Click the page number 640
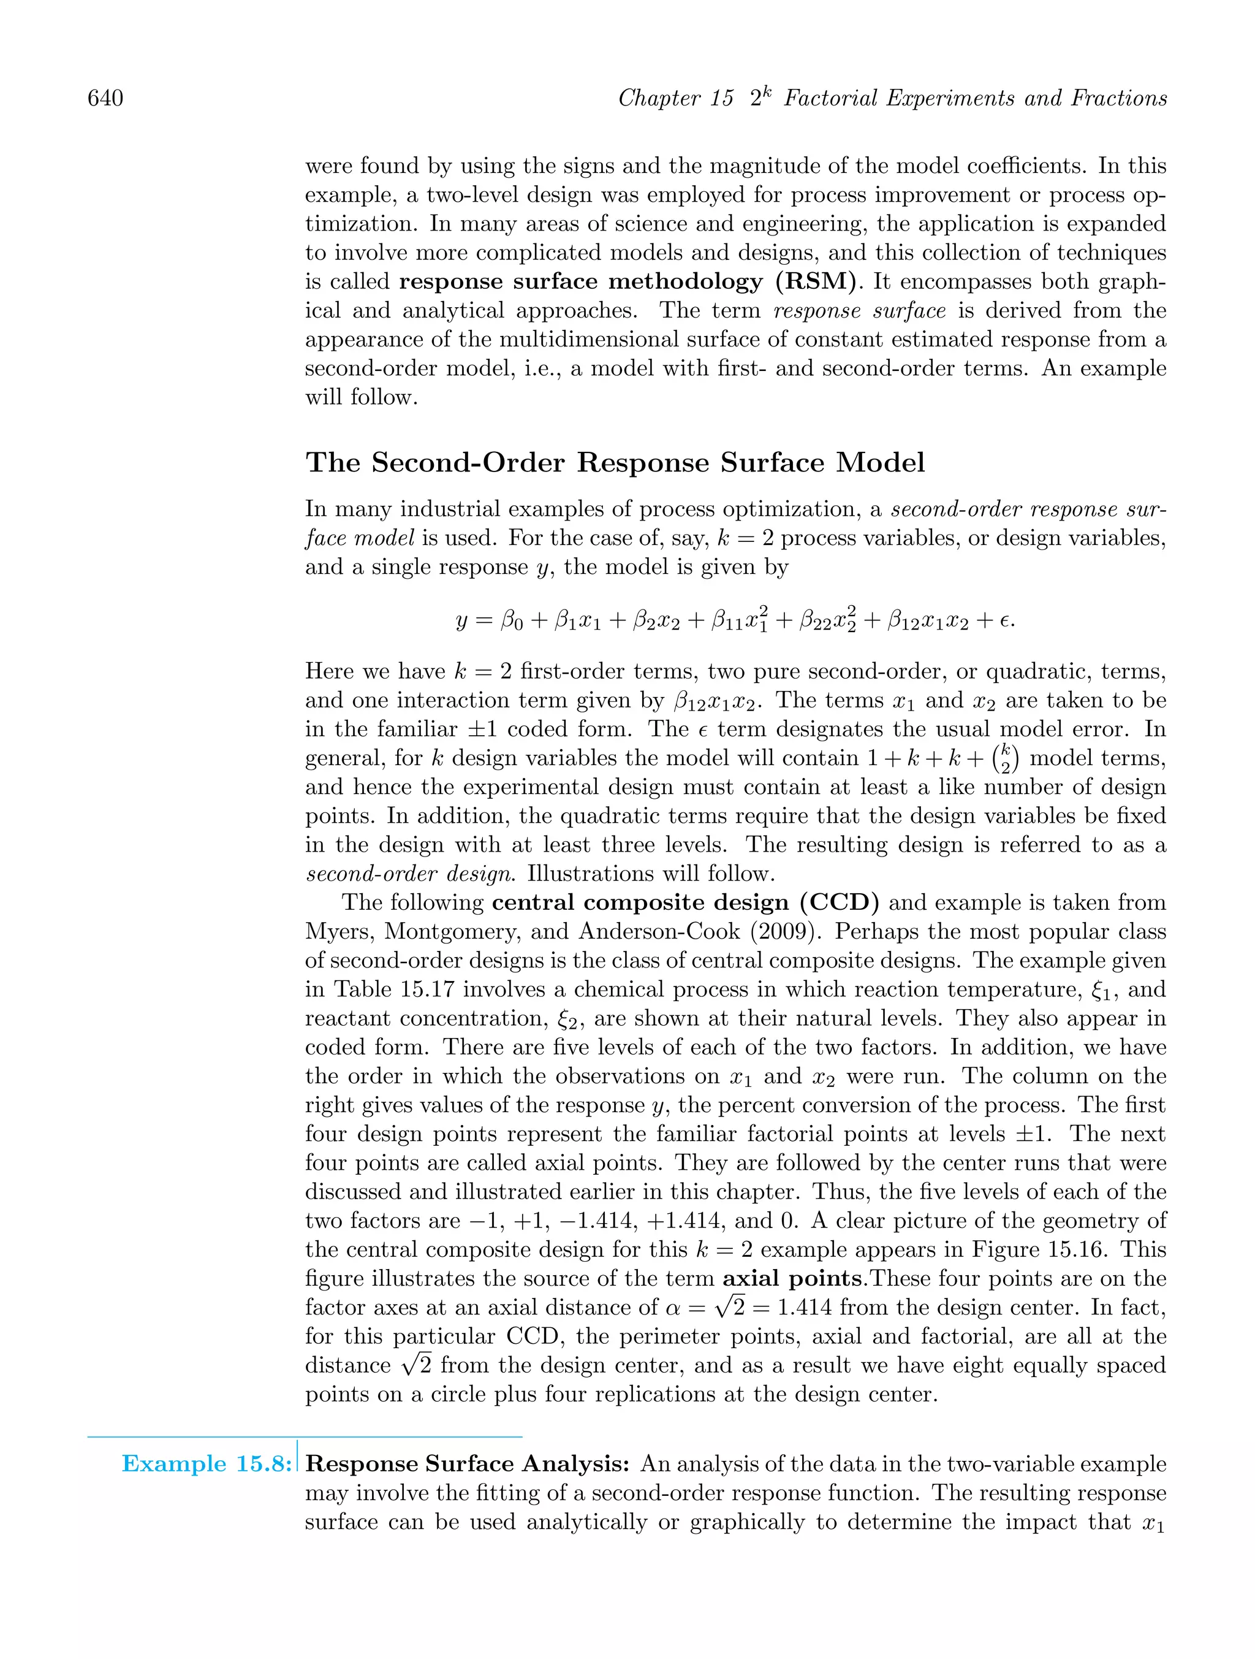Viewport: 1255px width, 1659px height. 106,98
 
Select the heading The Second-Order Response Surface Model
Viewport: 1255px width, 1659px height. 615,462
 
